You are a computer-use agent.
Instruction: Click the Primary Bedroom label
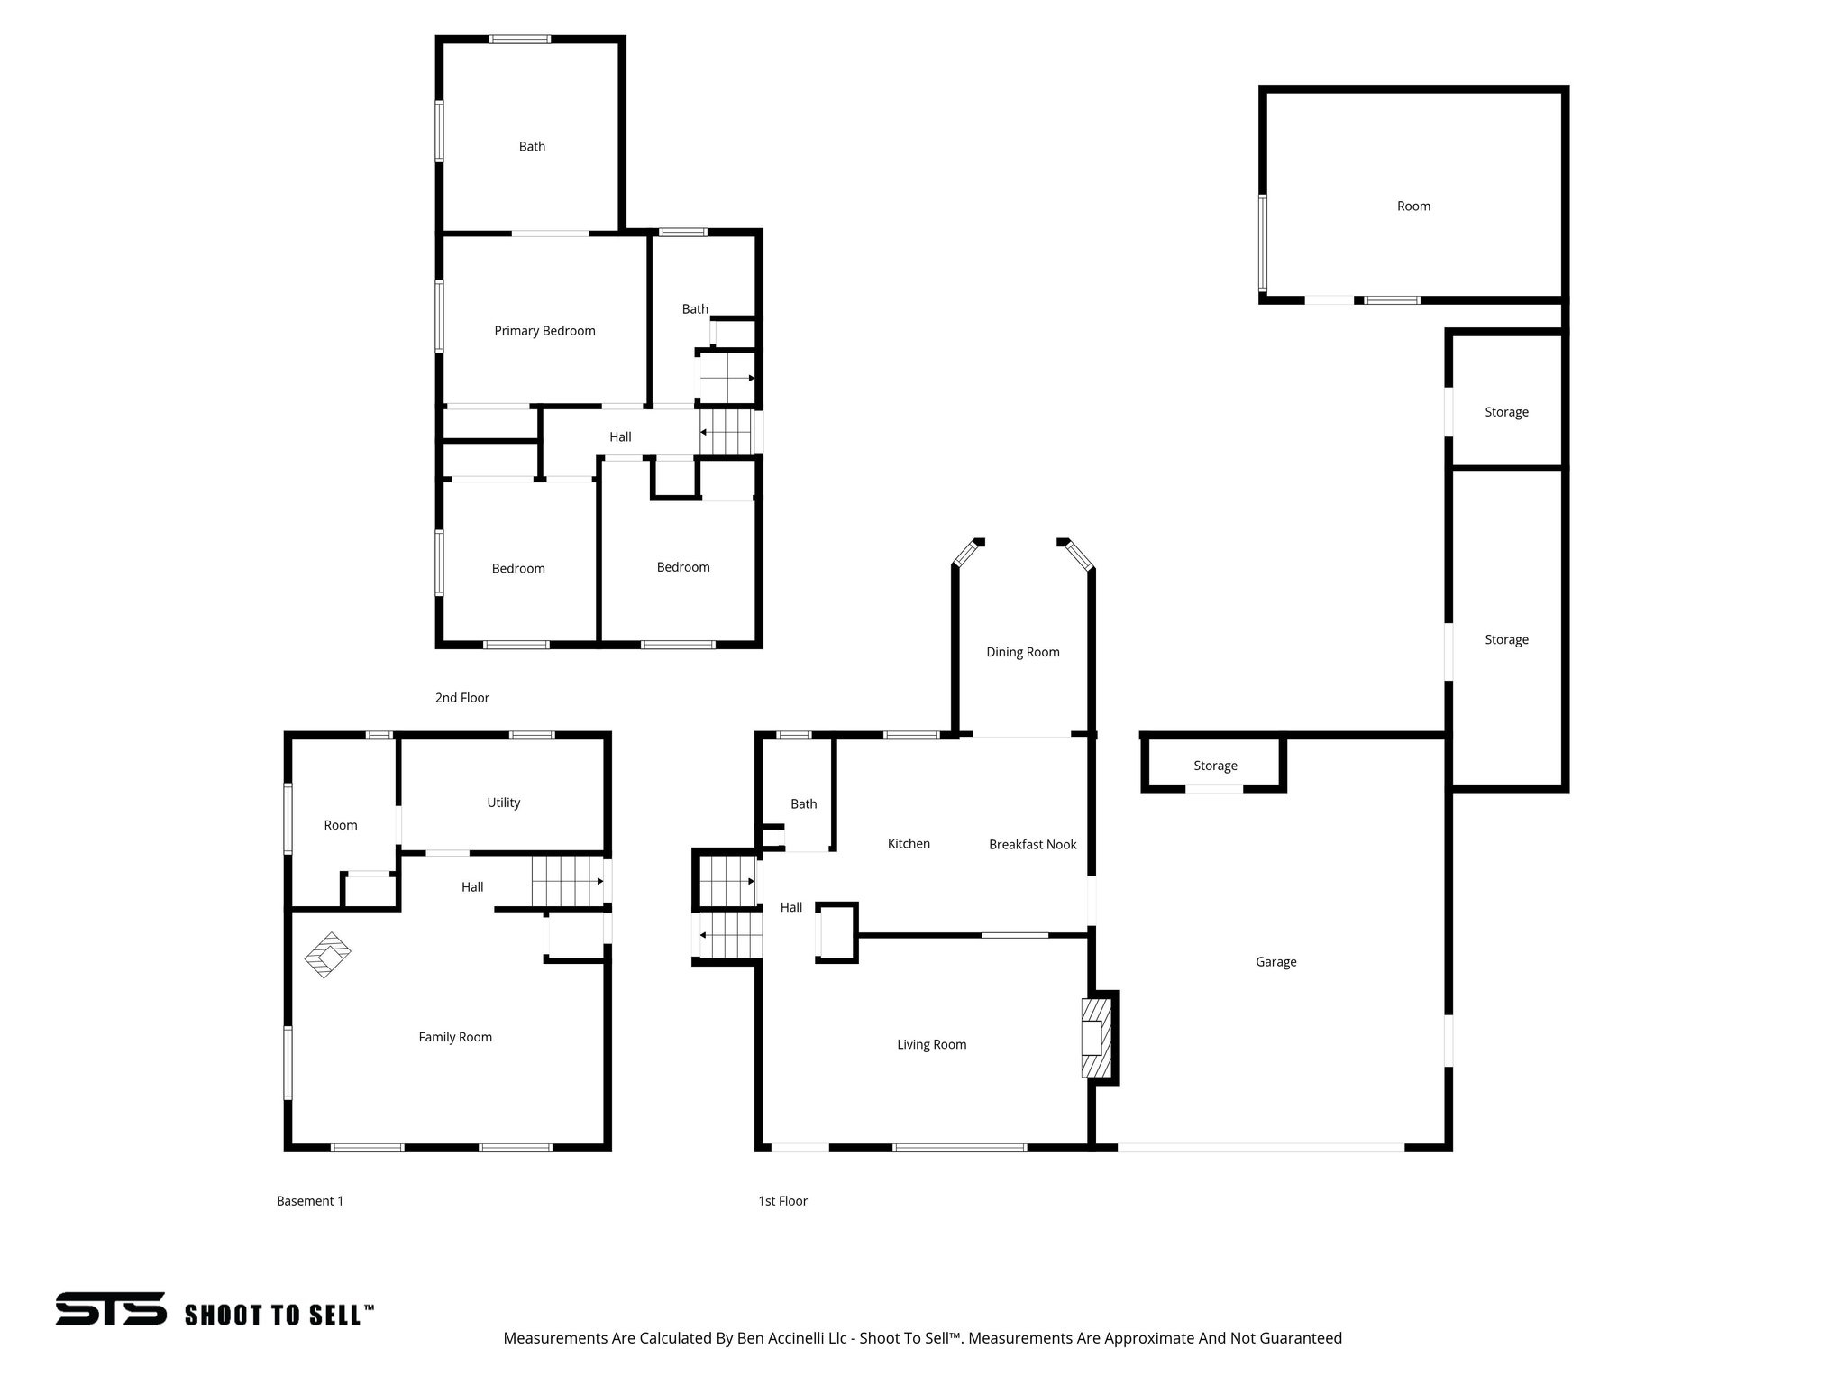[x=544, y=331]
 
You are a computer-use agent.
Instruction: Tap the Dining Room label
[x=1022, y=652]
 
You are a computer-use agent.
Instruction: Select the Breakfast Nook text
[x=1032, y=845]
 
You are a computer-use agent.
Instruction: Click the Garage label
[x=1275, y=962]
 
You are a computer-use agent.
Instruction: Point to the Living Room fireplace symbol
[x=1096, y=1037]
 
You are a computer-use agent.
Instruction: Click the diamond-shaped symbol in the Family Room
[x=327, y=955]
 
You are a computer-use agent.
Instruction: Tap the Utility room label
[x=503, y=803]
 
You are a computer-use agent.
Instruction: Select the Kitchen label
[x=908, y=844]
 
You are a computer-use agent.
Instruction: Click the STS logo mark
[x=111, y=1308]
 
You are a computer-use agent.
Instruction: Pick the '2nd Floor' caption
[x=461, y=698]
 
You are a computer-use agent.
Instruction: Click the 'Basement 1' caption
[x=309, y=1201]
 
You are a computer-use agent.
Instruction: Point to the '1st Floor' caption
[x=782, y=1201]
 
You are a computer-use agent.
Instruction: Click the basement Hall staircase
[x=566, y=881]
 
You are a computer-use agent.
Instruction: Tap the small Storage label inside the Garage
[x=1214, y=766]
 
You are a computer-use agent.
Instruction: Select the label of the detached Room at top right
[x=1412, y=206]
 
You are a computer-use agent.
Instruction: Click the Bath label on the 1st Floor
[x=803, y=804]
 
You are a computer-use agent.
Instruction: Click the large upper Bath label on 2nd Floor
[x=532, y=147]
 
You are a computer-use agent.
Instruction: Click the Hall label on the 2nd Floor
[x=619, y=437]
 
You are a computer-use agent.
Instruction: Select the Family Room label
[x=454, y=1038]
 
